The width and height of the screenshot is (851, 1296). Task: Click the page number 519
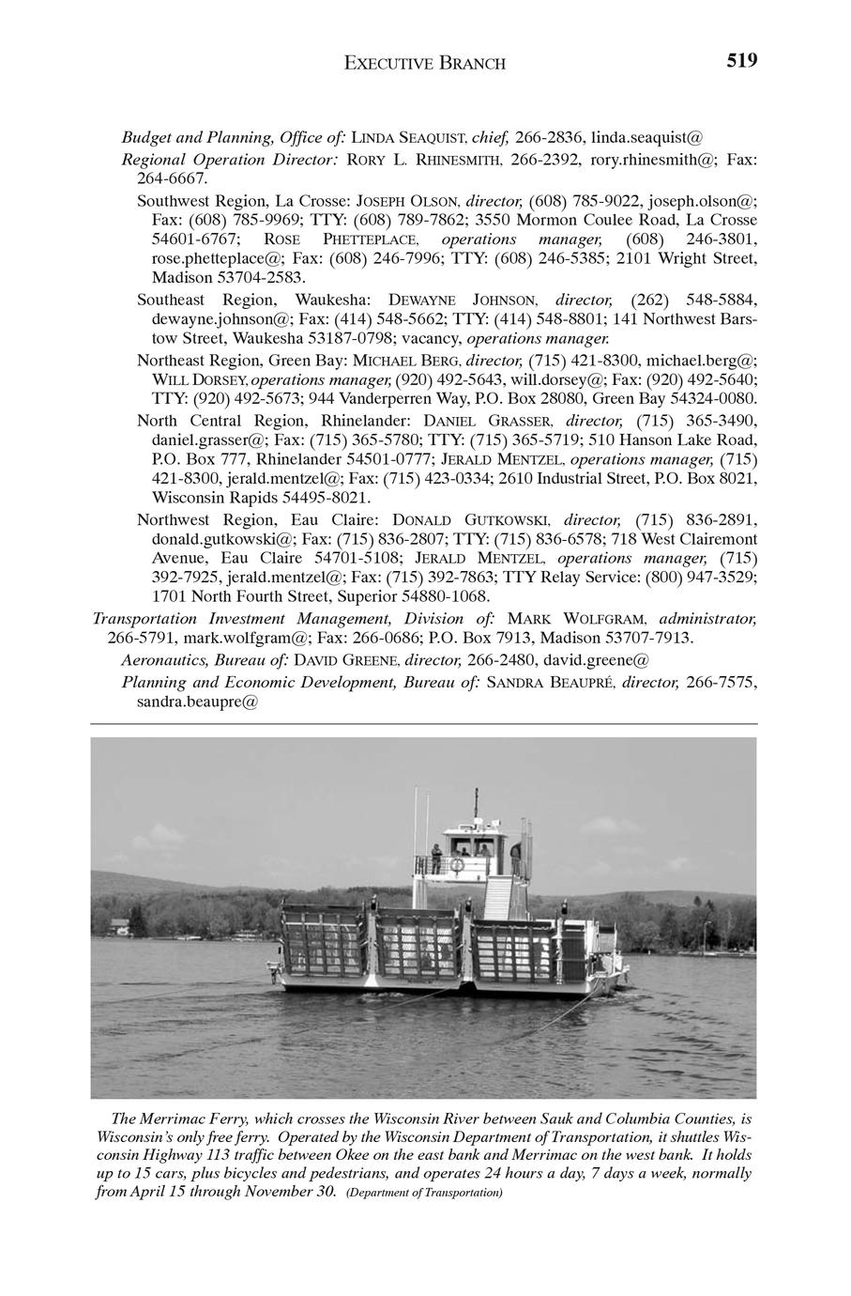point(740,62)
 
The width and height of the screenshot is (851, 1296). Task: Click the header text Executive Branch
point(425,64)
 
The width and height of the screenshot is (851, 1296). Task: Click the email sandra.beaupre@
point(204,701)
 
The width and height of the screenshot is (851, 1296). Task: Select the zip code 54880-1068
point(442,596)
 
